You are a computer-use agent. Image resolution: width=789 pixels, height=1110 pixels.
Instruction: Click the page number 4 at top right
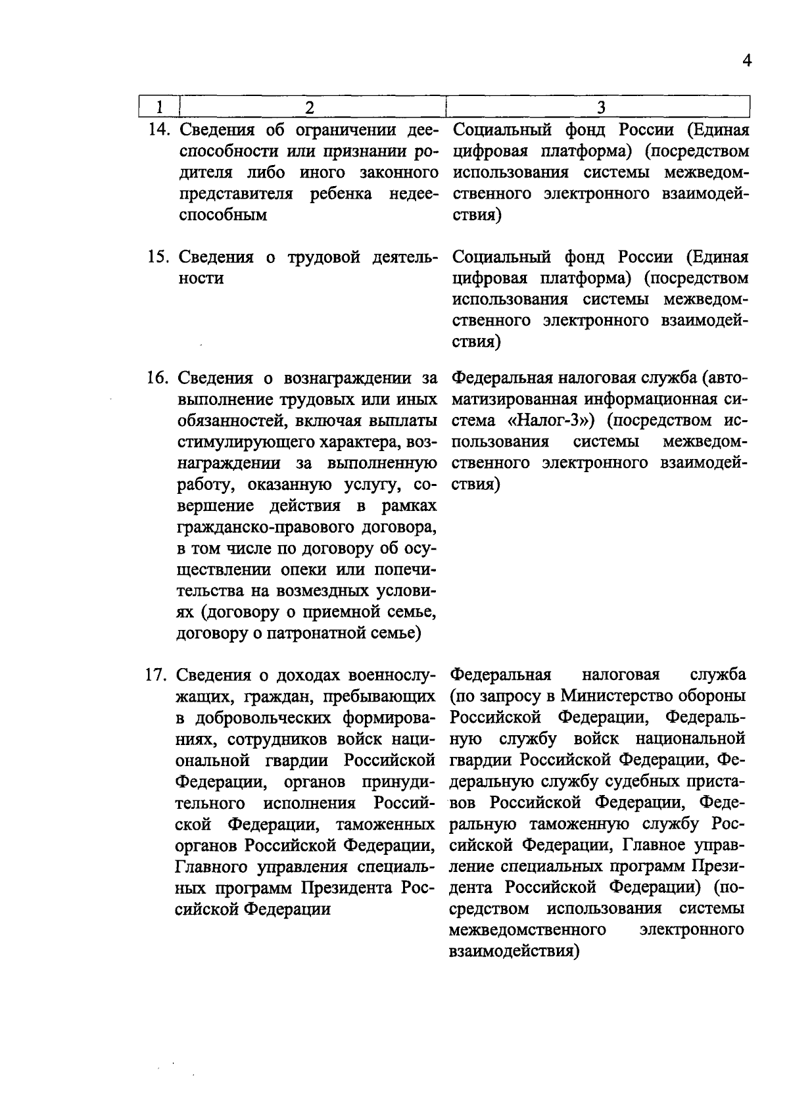[746, 60]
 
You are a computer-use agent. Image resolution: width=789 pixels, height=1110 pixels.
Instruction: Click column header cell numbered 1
[159, 107]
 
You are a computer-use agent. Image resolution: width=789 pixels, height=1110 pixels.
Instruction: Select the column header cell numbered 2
[310, 107]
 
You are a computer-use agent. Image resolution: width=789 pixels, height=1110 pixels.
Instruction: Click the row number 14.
[160, 130]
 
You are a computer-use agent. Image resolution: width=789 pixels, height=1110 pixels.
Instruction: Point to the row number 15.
[160, 257]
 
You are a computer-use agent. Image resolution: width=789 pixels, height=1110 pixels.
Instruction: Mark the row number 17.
[159, 675]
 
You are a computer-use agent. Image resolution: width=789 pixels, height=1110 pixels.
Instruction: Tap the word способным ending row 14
[222, 215]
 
